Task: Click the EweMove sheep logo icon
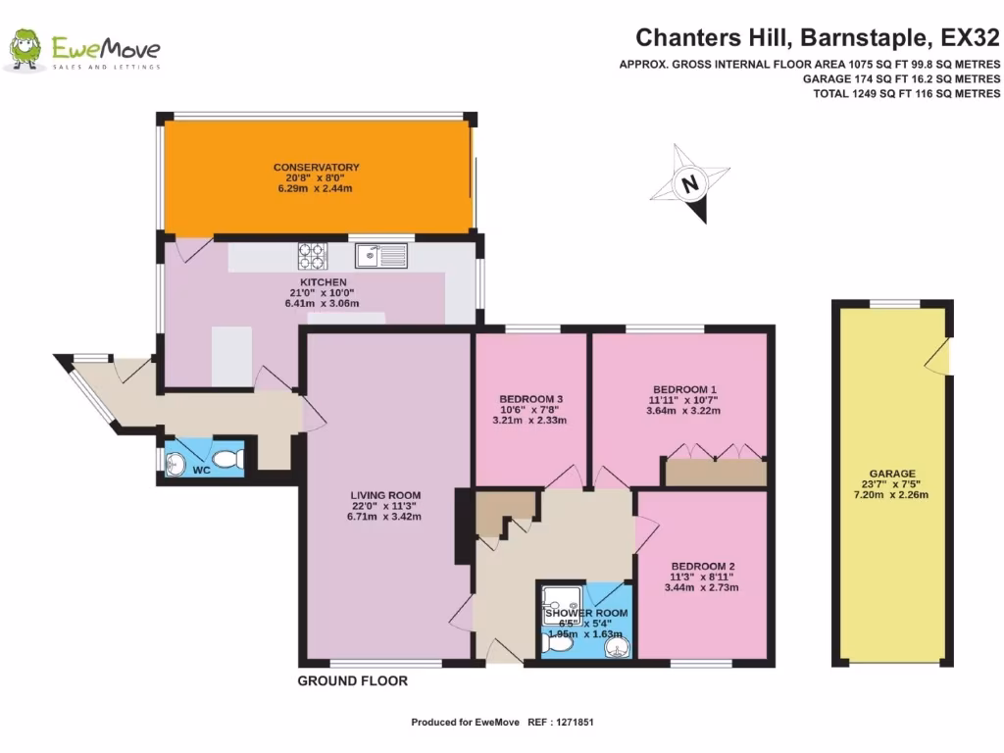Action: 25,49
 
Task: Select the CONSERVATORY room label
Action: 316,168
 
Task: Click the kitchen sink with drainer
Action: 380,256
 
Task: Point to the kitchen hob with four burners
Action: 312,256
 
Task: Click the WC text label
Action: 201,471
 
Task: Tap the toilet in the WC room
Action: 226,458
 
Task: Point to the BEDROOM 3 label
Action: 530,399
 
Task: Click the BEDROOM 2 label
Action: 702,567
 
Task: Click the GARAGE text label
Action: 890,473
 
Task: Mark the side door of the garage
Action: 941,357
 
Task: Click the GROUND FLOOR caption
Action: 352,680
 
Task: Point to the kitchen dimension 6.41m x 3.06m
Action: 316,304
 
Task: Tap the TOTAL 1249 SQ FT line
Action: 906,93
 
